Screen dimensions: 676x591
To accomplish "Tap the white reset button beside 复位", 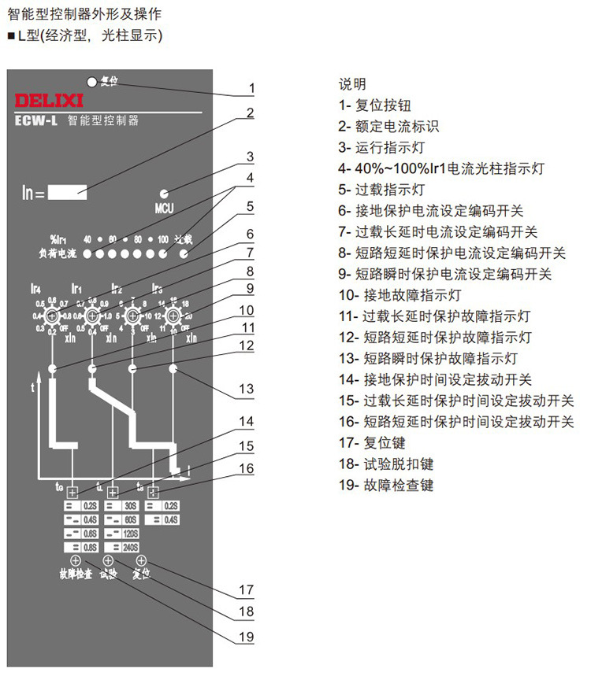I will (x=92, y=80).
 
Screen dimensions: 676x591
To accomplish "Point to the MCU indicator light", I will (x=165, y=194).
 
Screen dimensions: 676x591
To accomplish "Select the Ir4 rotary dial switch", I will (x=52, y=316).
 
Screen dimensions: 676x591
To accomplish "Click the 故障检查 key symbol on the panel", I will (x=76, y=560).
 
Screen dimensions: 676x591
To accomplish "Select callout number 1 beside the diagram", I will (x=252, y=88).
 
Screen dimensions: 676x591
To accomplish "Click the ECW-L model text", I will (x=36, y=121).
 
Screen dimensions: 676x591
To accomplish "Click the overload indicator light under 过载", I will (x=184, y=254).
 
